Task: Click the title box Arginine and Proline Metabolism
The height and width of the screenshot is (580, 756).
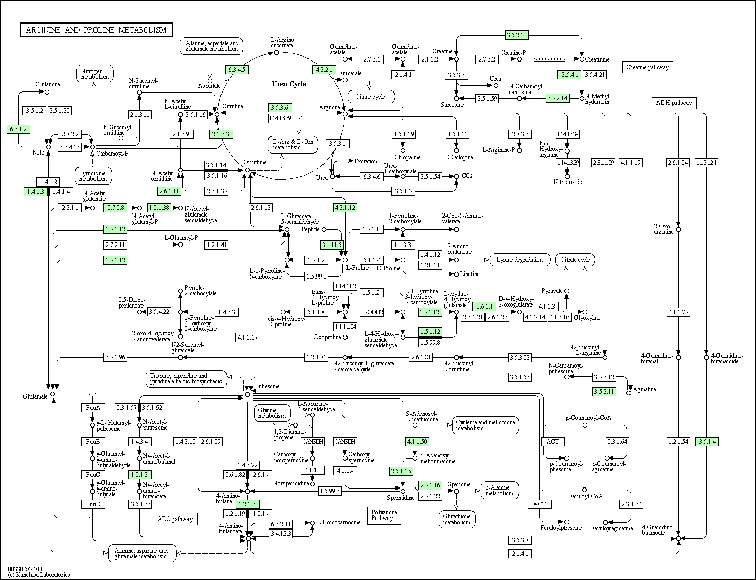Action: point(97,30)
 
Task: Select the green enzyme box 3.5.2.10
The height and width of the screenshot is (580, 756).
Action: point(517,35)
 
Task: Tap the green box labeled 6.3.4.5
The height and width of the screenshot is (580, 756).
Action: point(237,70)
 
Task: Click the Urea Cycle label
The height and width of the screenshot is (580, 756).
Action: point(289,84)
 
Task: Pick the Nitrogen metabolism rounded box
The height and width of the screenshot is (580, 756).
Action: point(94,74)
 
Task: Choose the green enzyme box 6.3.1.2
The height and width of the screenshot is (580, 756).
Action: point(18,129)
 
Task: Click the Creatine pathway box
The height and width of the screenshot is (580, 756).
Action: point(647,67)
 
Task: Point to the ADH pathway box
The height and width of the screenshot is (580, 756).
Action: point(674,103)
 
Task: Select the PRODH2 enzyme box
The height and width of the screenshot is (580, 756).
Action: point(371,312)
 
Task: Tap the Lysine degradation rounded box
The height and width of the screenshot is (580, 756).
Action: point(520,260)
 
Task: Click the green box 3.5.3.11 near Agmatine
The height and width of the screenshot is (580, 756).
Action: point(604,392)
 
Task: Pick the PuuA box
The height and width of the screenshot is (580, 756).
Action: point(93,408)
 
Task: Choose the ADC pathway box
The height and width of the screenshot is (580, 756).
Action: point(175,519)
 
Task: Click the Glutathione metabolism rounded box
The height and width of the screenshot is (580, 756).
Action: point(456,519)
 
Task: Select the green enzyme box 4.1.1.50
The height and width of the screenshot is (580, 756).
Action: point(417,442)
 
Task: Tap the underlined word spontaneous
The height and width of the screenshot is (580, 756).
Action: point(550,59)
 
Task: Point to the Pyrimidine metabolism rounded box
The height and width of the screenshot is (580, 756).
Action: point(93,176)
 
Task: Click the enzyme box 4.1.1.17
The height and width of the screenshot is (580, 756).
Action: point(247,337)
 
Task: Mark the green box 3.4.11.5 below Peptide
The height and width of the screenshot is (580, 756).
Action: point(332,245)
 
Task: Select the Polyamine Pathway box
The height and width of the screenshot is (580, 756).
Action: point(384,515)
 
